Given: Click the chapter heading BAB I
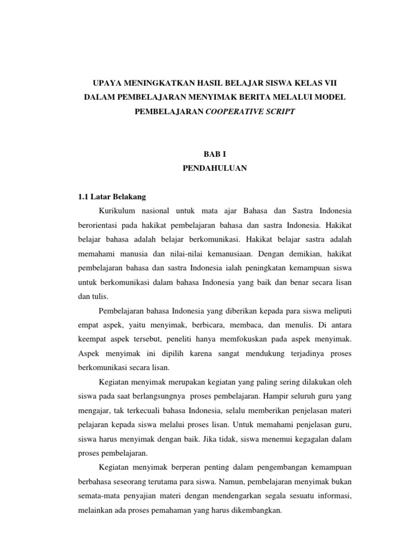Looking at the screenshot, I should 204,154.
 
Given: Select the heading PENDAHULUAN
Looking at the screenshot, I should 204,168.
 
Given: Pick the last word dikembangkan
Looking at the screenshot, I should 251,510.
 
